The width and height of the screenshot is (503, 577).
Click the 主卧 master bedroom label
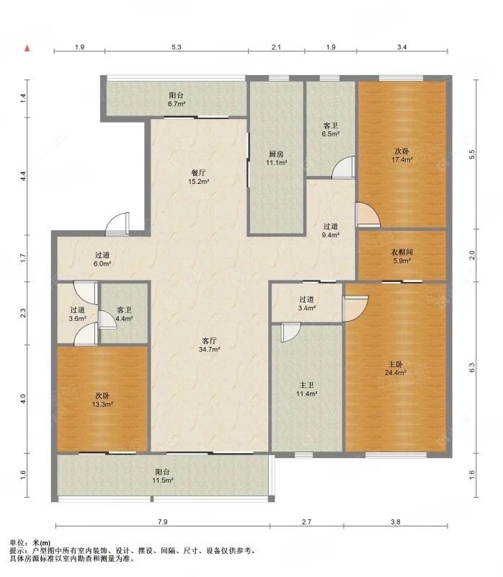(396, 364)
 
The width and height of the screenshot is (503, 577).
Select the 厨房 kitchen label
(277, 154)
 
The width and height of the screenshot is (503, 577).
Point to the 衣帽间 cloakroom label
(402, 252)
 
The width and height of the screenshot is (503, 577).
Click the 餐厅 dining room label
(199, 172)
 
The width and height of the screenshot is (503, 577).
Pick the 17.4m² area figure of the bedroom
(403, 160)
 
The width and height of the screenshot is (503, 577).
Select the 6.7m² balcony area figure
(177, 104)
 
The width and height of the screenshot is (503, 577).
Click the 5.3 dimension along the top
(176, 48)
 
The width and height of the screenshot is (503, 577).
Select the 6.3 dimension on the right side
(472, 366)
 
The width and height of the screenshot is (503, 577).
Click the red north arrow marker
(27, 48)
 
